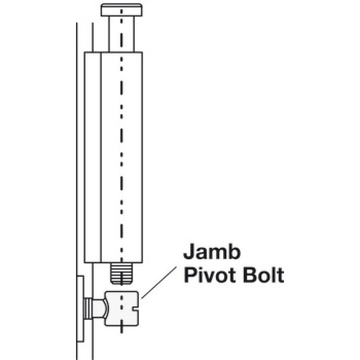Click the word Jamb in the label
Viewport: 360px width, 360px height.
pyautogui.click(x=212, y=252)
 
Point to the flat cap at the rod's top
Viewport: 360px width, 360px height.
pyautogui.click(x=121, y=10)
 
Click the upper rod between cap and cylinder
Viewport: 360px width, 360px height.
pyautogui.click(x=121, y=34)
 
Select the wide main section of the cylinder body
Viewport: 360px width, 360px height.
pyautogui.click(x=121, y=157)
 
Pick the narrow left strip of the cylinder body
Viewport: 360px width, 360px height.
pyautogui.click(x=93, y=157)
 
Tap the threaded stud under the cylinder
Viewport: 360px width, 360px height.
pyautogui.click(x=121, y=274)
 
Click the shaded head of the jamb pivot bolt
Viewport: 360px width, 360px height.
pyautogui.click(x=121, y=309)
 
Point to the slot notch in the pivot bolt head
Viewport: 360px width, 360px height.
pyautogui.click(x=136, y=310)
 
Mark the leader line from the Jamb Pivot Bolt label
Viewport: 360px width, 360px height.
pyautogui.click(x=159, y=283)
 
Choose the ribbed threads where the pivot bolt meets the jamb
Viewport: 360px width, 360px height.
pyautogui.click(x=88, y=308)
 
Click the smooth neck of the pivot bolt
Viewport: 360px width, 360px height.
pyautogui.click(x=99, y=308)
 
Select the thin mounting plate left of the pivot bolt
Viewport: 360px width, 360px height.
pyautogui.click(x=80, y=309)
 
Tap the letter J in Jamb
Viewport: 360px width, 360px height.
pyautogui.click(x=189, y=252)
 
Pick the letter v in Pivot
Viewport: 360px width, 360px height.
pyautogui.click(x=211, y=277)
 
